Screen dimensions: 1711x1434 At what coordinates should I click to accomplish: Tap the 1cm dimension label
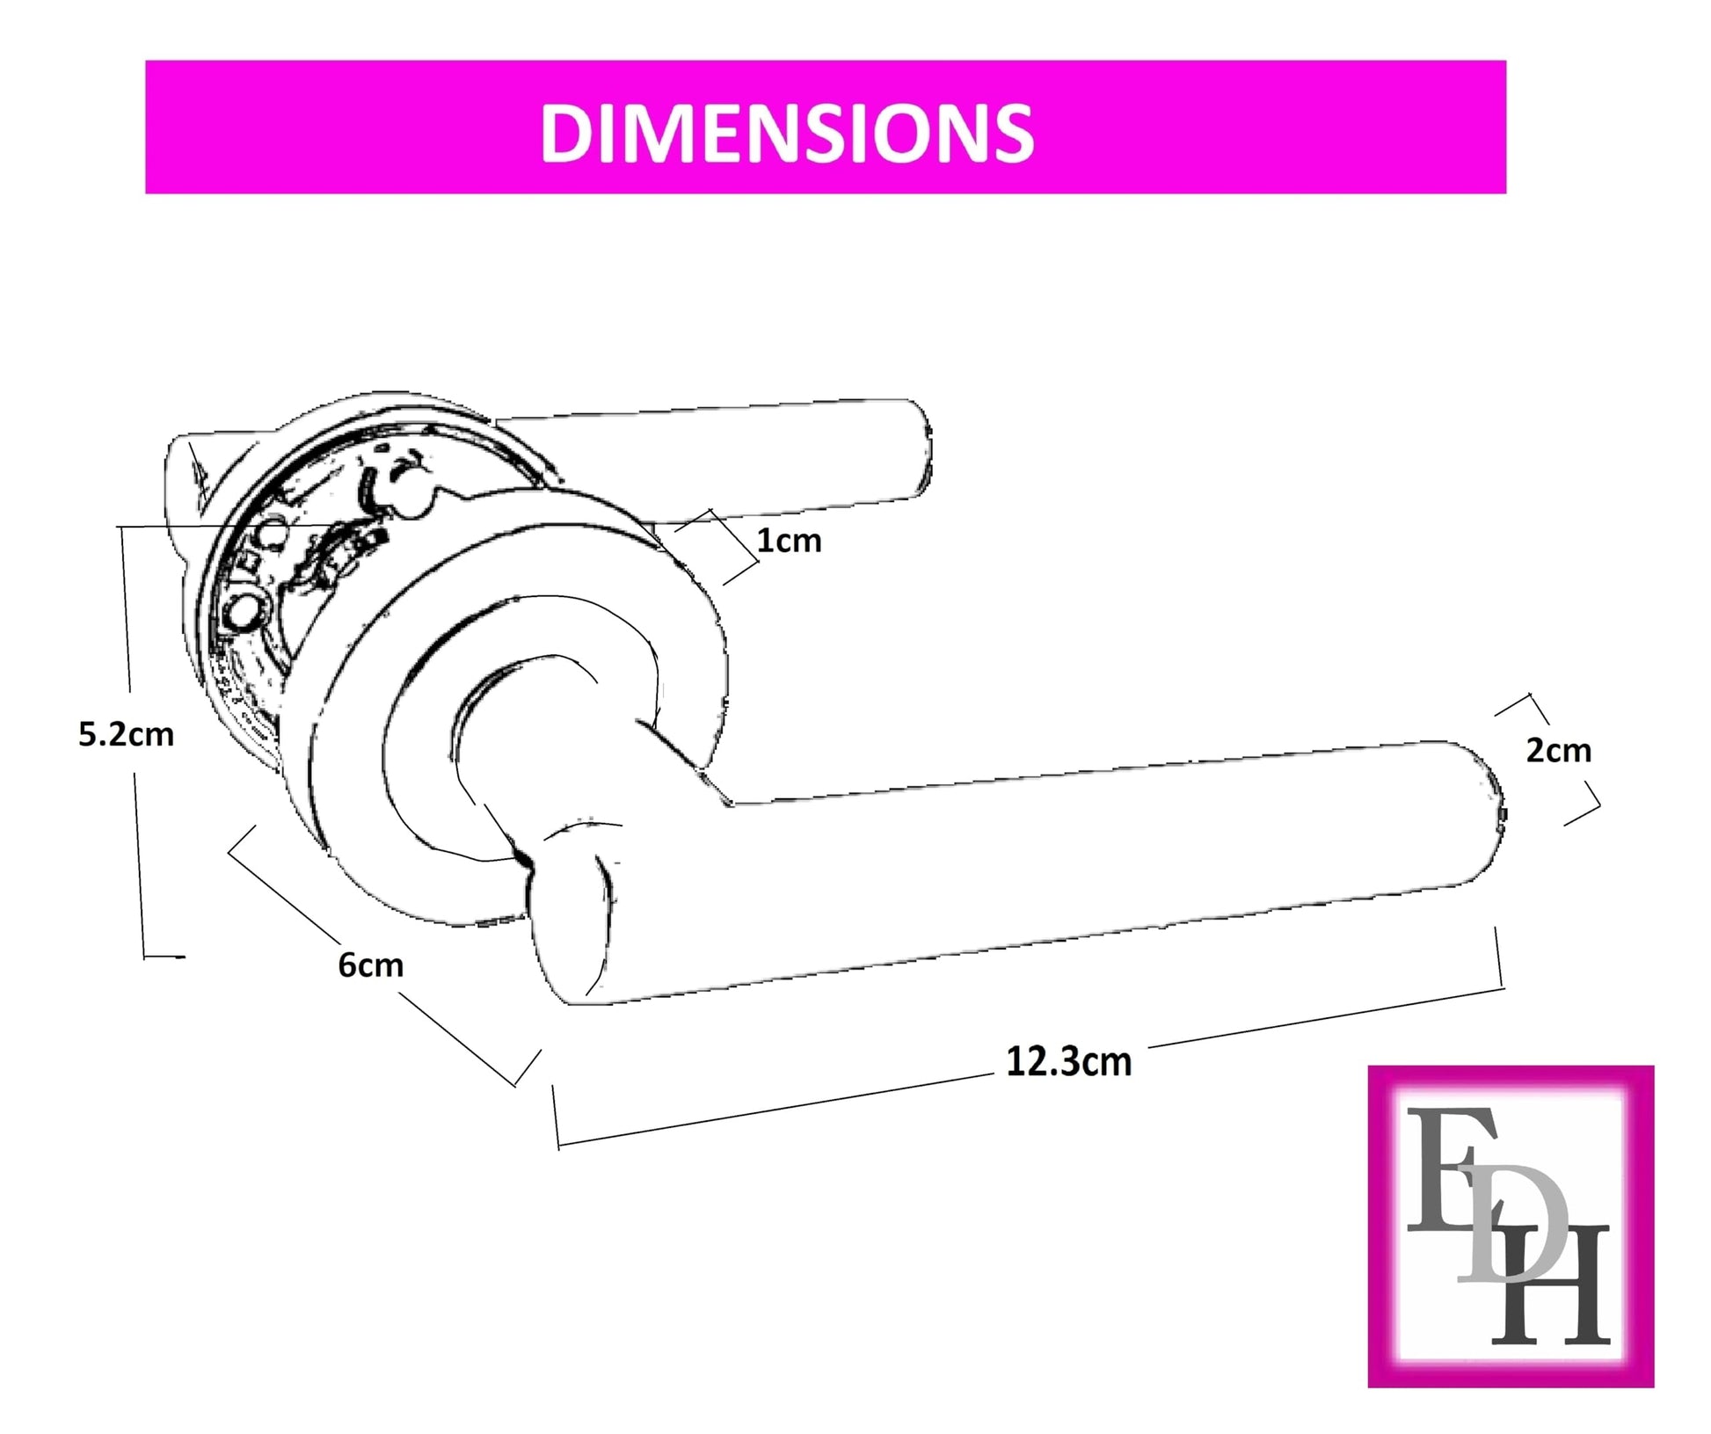click(789, 540)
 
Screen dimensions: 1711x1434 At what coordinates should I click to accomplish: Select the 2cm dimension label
click(1558, 750)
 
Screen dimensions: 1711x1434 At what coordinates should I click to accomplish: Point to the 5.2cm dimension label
click(126, 734)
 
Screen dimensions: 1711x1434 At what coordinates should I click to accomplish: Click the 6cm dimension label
click(370, 964)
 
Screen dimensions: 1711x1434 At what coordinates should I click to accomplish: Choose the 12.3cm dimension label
click(1068, 1061)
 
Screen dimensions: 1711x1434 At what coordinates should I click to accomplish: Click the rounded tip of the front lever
click(1495, 813)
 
